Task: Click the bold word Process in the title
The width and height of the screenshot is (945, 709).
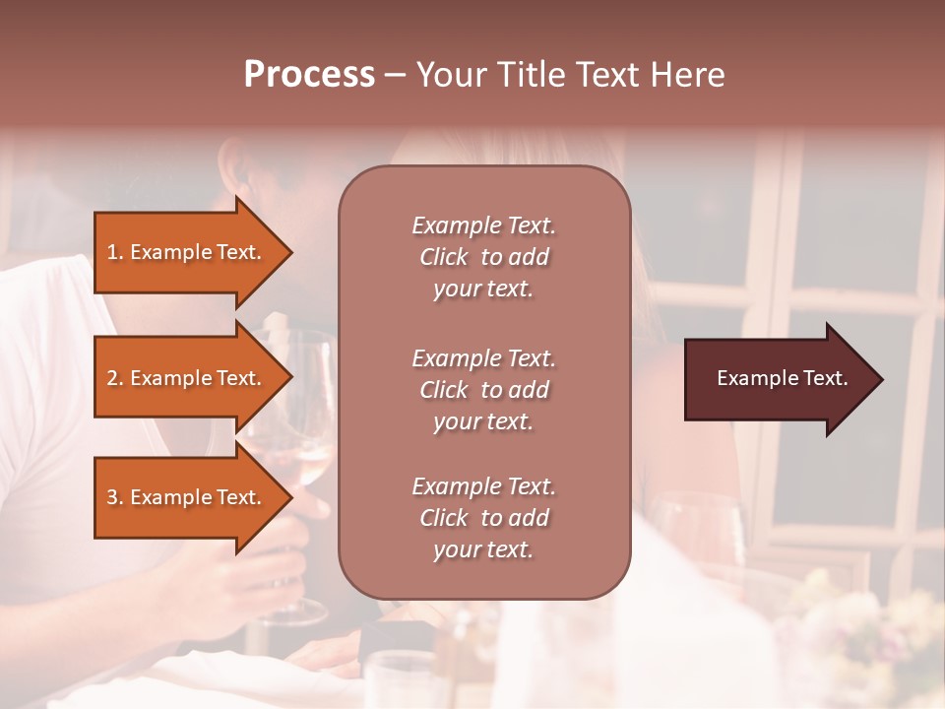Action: pyautogui.click(x=309, y=75)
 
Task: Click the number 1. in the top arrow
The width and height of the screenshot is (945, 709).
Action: pyautogui.click(x=115, y=252)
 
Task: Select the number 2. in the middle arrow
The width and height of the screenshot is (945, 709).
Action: pyautogui.click(x=115, y=378)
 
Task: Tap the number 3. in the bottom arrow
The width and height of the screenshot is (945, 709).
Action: pyautogui.click(x=115, y=497)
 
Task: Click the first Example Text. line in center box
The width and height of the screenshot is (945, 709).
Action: pyautogui.click(x=483, y=226)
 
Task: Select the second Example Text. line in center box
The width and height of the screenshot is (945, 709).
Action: pyautogui.click(x=483, y=358)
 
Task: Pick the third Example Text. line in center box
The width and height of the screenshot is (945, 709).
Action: pyautogui.click(x=483, y=486)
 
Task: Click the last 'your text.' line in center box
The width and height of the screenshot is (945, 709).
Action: pyautogui.click(x=483, y=549)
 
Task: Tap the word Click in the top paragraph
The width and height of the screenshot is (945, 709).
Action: pyautogui.click(x=444, y=257)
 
